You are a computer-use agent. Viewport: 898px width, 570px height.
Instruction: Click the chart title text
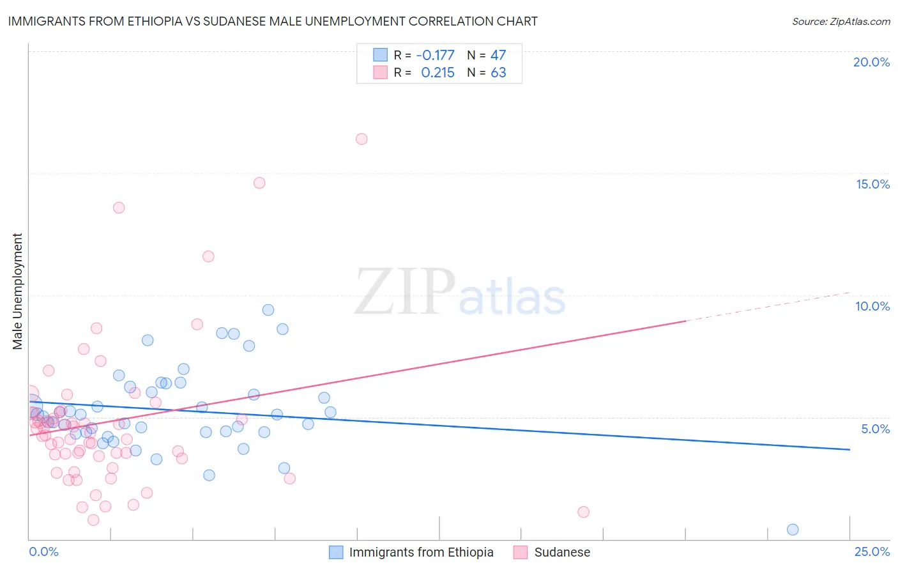(x=273, y=21)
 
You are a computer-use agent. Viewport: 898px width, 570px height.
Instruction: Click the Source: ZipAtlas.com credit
(x=841, y=21)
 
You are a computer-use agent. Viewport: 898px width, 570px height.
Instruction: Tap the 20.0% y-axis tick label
(x=871, y=62)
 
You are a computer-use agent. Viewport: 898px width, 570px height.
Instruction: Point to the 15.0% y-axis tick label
(x=872, y=184)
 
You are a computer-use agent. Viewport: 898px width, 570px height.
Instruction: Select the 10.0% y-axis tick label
(x=872, y=306)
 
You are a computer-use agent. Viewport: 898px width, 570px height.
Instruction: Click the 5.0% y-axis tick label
(x=875, y=429)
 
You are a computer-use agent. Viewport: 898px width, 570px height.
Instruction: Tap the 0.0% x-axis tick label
(x=43, y=551)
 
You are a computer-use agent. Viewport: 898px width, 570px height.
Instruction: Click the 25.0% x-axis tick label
(x=872, y=551)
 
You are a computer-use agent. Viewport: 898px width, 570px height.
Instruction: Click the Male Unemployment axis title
(x=18, y=291)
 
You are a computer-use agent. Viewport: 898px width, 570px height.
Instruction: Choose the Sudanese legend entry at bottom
(x=562, y=552)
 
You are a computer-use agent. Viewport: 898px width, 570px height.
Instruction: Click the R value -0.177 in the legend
(x=435, y=56)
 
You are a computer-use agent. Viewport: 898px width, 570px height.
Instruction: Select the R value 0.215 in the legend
(x=438, y=73)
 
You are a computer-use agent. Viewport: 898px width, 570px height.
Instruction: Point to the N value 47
(x=498, y=56)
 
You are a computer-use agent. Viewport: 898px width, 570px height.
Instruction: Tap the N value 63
(x=498, y=73)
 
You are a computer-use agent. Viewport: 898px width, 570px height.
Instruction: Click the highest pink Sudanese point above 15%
(x=361, y=139)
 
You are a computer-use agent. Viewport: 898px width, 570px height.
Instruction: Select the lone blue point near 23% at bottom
(x=793, y=529)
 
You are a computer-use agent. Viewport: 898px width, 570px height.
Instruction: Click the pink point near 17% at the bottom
(x=583, y=512)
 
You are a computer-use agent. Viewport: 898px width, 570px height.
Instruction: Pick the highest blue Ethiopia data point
(x=268, y=310)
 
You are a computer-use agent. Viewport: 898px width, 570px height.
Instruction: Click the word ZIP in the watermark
(x=405, y=293)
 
